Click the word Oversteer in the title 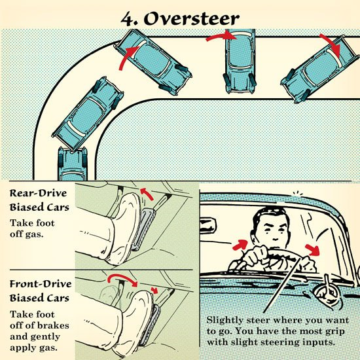(192, 18)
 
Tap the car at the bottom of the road (73, 164)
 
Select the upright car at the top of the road (240, 61)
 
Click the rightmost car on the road (320, 69)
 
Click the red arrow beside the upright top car (221, 36)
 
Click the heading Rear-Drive (38, 194)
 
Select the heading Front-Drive (41, 284)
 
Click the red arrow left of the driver (240, 245)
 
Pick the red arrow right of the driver (313, 250)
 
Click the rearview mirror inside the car (208, 226)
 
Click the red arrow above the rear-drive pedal (147, 194)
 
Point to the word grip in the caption (334, 332)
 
